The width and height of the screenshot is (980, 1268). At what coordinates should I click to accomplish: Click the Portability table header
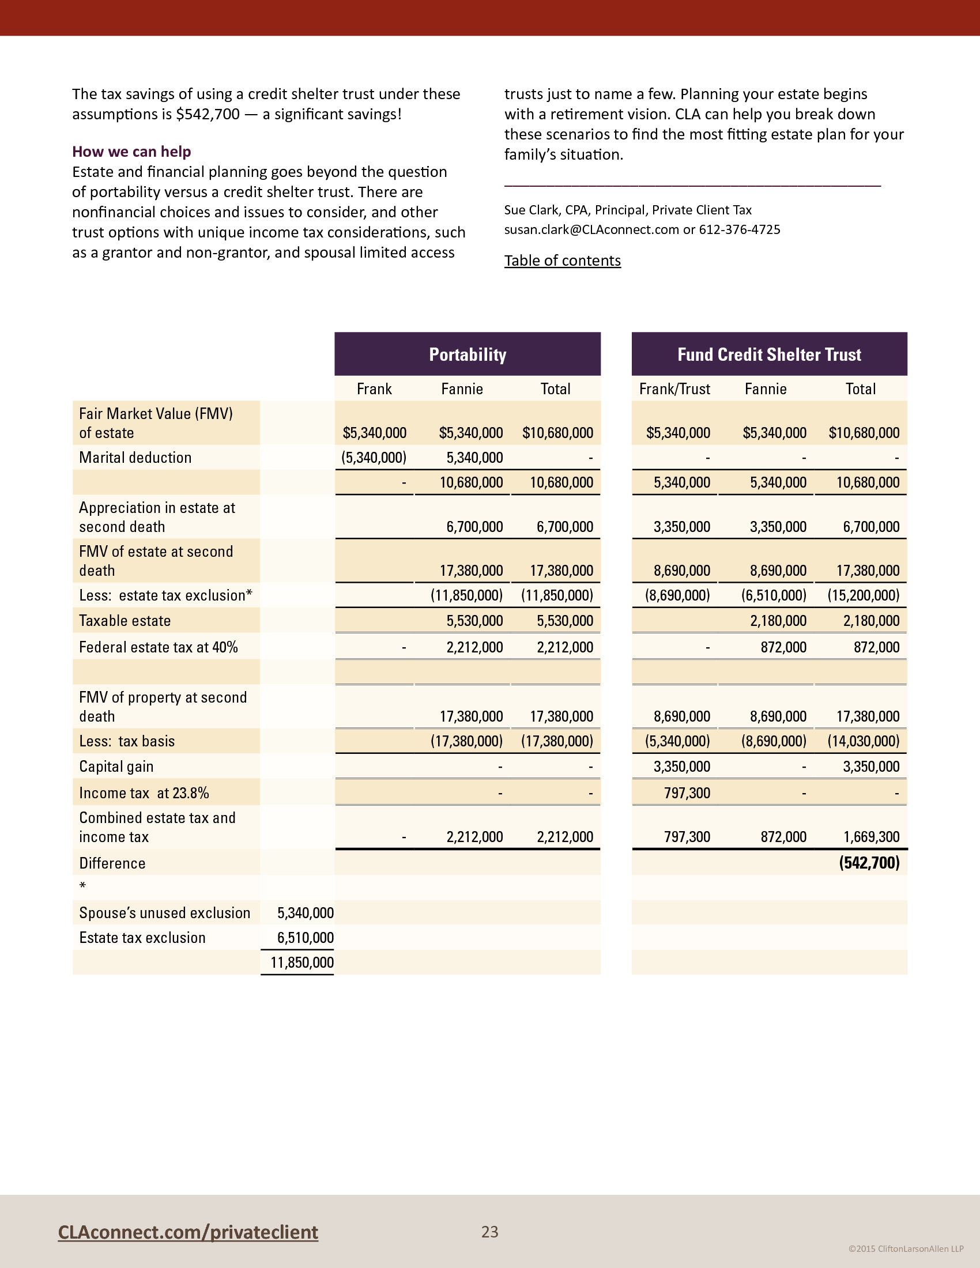tap(468, 354)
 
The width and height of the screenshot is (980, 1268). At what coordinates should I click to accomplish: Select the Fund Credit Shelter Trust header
tap(768, 354)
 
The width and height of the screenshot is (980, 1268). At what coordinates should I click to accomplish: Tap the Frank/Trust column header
tap(674, 389)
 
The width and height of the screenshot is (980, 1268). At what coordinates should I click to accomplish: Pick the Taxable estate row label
tap(125, 621)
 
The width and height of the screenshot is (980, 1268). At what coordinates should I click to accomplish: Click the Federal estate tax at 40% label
tap(158, 647)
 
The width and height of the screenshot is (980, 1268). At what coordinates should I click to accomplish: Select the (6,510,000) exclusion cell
tap(773, 595)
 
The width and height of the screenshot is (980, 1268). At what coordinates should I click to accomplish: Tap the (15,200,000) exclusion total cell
tap(864, 595)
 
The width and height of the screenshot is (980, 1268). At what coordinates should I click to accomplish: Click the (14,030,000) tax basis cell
tap(864, 741)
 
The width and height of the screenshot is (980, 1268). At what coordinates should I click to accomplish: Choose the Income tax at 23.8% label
tap(144, 793)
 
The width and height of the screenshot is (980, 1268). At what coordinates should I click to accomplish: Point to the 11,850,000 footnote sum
tap(302, 963)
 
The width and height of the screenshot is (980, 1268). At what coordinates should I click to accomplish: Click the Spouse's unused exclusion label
tap(164, 914)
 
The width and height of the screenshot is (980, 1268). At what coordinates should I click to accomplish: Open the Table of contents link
tap(562, 261)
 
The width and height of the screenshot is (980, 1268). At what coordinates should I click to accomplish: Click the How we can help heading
tap(131, 152)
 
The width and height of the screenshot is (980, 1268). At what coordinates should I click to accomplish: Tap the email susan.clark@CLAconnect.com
tap(591, 229)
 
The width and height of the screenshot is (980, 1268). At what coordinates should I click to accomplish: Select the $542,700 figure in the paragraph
tap(208, 114)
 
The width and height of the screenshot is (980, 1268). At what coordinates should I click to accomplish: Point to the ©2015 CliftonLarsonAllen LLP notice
tap(906, 1249)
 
